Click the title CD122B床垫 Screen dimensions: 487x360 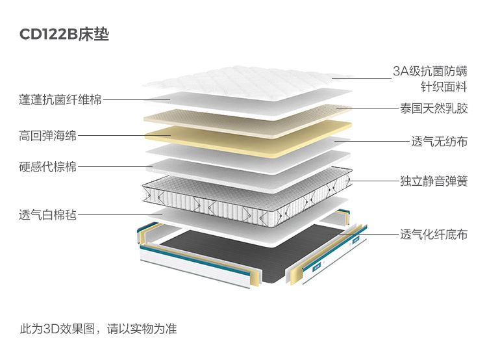pyautogui.click(x=64, y=34)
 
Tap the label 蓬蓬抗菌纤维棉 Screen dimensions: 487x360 pyautogui.click(x=60, y=100)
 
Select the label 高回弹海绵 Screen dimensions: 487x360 pyautogui.click(x=48, y=136)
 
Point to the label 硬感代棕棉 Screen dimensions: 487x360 pyautogui.click(x=48, y=167)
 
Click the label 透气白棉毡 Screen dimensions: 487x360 pyautogui.click(x=48, y=214)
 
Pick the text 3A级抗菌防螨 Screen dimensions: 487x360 pyautogui.click(x=430, y=71)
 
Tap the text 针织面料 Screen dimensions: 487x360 pyautogui.click(x=444, y=88)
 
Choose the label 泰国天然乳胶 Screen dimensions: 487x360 pyautogui.click(x=434, y=108)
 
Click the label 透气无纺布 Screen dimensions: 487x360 pyautogui.click(x=439, y=141)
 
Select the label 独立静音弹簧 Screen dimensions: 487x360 pyautogui.click(x=434, y=181)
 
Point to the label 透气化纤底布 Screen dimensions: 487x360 pyautogui.click(x=434, y=234)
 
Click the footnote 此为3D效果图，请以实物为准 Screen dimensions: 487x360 pyautogui.click(x=98, y=329)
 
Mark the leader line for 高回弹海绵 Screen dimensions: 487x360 pyautogui.click(x=123, y=136)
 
